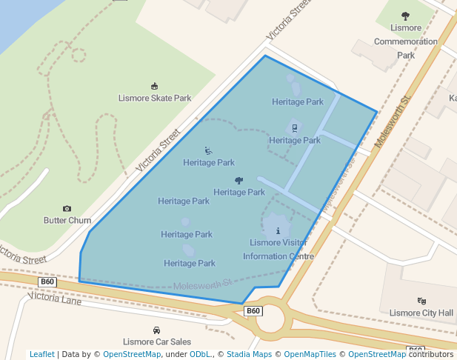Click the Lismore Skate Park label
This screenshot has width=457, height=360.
pos(155,98)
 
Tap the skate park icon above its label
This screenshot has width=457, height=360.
pos(154,87)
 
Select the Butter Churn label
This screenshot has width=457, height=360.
pos(67,221)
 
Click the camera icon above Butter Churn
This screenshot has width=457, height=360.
pos(67,210)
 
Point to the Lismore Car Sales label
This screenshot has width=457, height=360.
pos(156,341)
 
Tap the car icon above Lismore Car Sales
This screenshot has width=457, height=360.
pos(156,330)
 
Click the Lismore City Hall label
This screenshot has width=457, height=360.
pos(421,313)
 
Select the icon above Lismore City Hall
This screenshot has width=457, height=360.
pos(421,301)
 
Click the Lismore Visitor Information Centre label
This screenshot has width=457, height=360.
pos(278,250)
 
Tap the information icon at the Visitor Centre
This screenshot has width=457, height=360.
pos(278,230)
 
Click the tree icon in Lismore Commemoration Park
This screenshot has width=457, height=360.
pos(405,16)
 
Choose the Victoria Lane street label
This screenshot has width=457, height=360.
pos(55,299)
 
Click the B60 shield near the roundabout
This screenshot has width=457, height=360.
pos(253,311)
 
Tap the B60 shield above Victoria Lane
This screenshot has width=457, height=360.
pos(47,281)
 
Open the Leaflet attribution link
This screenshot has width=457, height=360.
pos(42,354)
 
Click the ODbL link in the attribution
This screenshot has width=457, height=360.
pos(200,354)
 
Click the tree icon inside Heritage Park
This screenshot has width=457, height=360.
pos(239,180)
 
